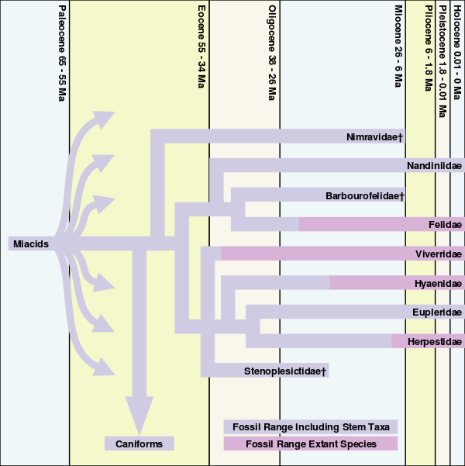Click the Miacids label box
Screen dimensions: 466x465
click(x=31, y=244)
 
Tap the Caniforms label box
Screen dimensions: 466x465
click(x=139, y=444)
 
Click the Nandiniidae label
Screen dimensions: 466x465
click(x=434, y=166)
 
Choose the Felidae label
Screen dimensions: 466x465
click(x=445, y=224)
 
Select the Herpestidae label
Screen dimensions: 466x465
click(x=435, y=341)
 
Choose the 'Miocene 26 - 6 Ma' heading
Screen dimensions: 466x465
click(x=398, y=47)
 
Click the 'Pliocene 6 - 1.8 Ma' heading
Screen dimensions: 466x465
click(x=428, y=48)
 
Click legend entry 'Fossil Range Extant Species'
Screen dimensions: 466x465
click(x=310, y=444)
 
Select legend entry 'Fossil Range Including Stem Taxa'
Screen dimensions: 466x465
click(x=310, y=427)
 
